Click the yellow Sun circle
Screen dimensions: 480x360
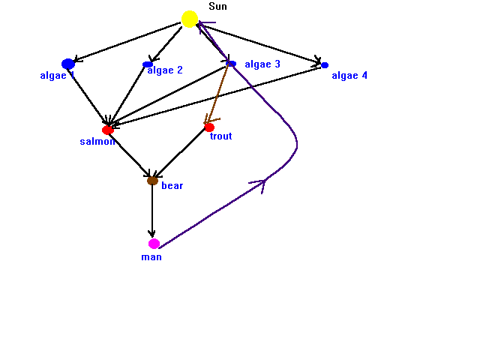click(x=190, y=19)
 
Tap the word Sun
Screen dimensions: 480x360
click(x=217, y=7)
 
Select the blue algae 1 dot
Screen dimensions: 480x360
click(x=68, y=64)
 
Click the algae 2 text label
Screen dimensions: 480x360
click(x=165, y=70)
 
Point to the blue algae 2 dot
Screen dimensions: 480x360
click(x=148, y=64)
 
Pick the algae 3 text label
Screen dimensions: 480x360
click(x=262, y=64)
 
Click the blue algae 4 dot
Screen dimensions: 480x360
click(x=325, y=65)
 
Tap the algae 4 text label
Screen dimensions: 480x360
click(x=349, y=76)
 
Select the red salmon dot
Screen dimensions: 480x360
click(x=108, y=130)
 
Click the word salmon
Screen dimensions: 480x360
click(x=97, y=142)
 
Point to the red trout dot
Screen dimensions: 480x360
click(x=209, y=127)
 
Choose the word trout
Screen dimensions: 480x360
click(x=220, y=136)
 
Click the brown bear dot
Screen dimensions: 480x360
click(x=152, y=181)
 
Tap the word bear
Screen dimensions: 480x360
click(x=172, y=185)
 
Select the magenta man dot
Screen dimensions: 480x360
click(x=154, y=244)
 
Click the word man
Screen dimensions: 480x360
click(x=151, y=257)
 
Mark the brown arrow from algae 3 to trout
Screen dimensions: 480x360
click(x=217, y=93)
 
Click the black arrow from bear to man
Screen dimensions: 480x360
click(x=152, y=211)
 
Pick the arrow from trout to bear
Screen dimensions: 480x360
click(x=180, y=152)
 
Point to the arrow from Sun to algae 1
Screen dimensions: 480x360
click(x=127, y=42)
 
